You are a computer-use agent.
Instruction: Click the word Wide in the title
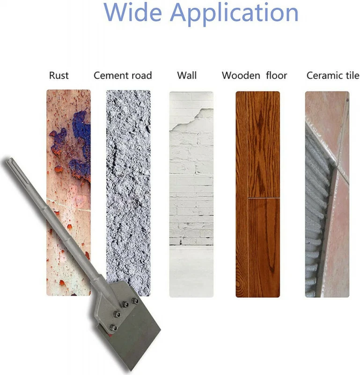click(133, 12)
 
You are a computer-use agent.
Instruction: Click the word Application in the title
click(235, 14)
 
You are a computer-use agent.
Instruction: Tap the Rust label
click(59, 75)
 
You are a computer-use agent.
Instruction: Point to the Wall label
click(187, 75)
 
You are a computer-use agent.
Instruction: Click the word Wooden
click(241, 75)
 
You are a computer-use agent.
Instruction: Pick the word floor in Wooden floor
click(276, 75)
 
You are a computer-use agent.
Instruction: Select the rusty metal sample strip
click(68, 193)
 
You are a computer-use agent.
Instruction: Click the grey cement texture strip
click(128, 193)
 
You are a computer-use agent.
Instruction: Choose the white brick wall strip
click(191, 194)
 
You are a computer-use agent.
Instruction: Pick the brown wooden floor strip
click(258, 194)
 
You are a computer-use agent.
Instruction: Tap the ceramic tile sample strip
click(327, 194)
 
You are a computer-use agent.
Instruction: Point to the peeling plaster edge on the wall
click(191, 120)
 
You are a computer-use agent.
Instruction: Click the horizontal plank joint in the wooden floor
click(264, 198)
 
